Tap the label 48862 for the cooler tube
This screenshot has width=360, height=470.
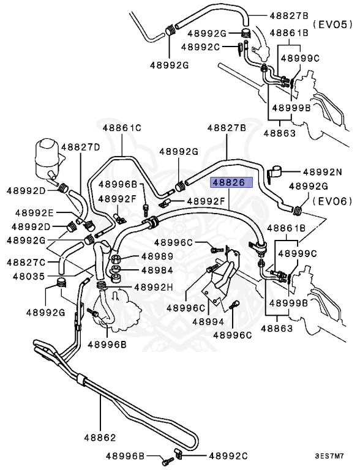click(x=100, y=438)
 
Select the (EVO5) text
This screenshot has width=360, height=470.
click(x=332, y=24)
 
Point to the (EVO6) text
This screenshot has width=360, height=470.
click(x=332, y=201)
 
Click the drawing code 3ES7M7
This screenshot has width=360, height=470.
click(x=329, y=457)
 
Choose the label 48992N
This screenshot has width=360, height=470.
click(x=323, y=172)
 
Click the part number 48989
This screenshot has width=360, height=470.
click(x=157, y=256)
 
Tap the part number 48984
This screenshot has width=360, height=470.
click(x=157, y=270)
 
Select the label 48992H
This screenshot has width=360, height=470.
click(x=154, y=288)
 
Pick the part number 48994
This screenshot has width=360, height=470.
click(x=208, y=322)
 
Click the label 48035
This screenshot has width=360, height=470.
click(x=29, y=276)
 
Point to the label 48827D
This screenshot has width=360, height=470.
click(x=80, y=147)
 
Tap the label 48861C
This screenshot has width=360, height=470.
click(x=122, y=128)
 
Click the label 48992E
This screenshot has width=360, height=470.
click(x=34, y=213)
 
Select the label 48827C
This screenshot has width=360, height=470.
click(x=26, y=263)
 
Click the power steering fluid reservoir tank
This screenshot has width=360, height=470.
click(x=47, y=160)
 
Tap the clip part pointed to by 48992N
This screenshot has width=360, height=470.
click(x=274, y=173)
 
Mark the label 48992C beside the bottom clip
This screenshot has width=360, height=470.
click(x=228, y=456)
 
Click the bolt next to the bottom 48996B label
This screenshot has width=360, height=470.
click(x=168, y=461)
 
